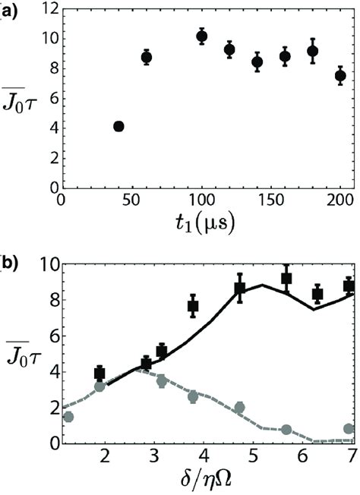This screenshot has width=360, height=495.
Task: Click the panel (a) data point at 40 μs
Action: coord(118,126)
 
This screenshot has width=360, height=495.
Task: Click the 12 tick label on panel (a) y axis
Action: coord(46,10)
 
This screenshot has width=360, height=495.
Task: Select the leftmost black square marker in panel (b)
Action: coord(99,373)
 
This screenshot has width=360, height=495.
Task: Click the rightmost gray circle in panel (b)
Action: coord(349,429)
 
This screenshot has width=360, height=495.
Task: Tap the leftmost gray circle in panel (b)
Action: coord(68,417)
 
